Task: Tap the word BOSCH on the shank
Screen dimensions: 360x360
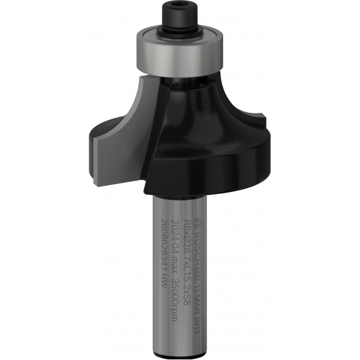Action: pyautogui.click(x=206, y=227)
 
